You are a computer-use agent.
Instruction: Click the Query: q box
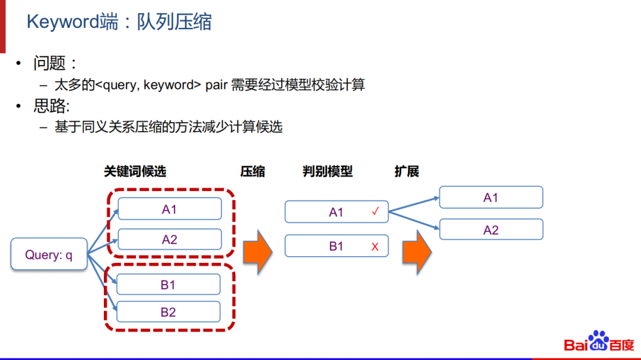pos(49,254)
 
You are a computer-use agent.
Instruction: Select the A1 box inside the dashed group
pos(169,209)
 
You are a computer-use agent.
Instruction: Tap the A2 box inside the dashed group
pos(169,240)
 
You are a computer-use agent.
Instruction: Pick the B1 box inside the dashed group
pos(168,285)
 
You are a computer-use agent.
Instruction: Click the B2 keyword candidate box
pos(168,312)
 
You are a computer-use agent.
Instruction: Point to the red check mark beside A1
pos(375,211)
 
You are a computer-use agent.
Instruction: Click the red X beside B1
pos(375,247)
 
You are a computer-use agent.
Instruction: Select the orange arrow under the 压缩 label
pos(258,253)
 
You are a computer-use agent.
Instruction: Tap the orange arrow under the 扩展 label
pos(417,253)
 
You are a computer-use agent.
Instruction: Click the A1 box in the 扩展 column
pos(491,197)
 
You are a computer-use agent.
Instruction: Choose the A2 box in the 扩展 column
pos(491,230)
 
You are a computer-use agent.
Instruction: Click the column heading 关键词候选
pos(135,171)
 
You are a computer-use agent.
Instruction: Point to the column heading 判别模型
pos(328,171)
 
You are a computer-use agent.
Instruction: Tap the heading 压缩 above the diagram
pos(252,171)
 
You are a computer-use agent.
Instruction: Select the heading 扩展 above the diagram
pos(407,171)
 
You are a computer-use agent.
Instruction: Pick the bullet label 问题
pos(49,63)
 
